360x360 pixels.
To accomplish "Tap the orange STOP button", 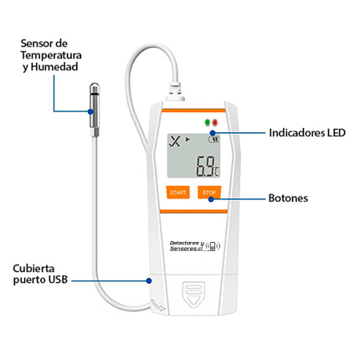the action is [x=209, y=193].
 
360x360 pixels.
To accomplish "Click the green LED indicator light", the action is [x=208, y=122].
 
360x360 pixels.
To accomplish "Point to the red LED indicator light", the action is [x=214, y=122].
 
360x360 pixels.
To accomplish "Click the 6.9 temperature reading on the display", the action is [x=205, y=167].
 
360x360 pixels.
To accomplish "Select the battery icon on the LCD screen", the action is [x=214, y=139].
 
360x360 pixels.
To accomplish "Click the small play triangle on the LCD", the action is [x=188, y=139].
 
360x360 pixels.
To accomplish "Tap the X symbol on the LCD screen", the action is [x=175, y=141].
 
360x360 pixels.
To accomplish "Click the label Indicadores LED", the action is [x=307, y=132].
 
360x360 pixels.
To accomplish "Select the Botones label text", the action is [x=288, y=198].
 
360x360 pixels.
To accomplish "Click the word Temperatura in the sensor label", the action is [x=51, y=55].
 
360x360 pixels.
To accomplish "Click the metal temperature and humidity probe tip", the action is [x=95, y=110].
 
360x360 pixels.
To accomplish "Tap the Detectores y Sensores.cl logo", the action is [x=195, y=246].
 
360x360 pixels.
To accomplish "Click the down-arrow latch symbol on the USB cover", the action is [x=193, y=295].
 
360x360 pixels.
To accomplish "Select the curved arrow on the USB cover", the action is [x=158, y=305].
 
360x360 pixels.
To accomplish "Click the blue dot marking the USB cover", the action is [x=149, y=280].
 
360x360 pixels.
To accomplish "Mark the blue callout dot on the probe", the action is [x=90, y=111].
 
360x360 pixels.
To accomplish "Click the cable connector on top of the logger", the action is [x=175, y=91].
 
